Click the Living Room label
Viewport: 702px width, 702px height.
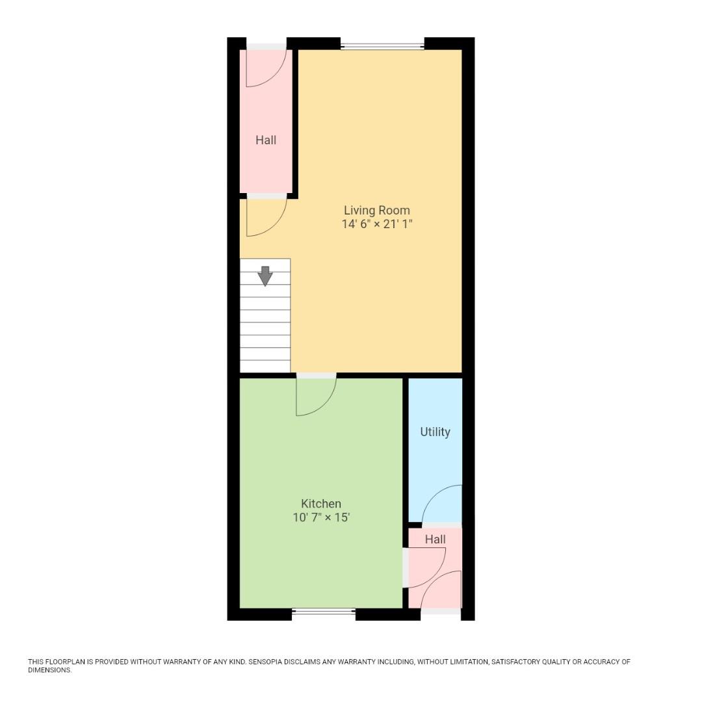coord(377,210)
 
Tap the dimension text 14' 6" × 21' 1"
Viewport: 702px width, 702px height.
coord(377,224)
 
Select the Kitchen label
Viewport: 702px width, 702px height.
coord(321,504)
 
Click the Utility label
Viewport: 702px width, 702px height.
coord(435,432)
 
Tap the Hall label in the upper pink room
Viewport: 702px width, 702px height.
coord(266,140)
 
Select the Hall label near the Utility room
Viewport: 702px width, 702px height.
coord(435,539)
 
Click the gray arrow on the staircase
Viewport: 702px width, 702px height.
coord(265,276)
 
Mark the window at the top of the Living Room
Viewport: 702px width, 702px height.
coord(382,45)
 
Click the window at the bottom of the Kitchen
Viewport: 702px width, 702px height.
coord(324,612)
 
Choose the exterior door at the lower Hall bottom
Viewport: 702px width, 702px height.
coord(442,591)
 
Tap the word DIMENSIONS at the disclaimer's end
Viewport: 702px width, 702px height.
coord(49,670)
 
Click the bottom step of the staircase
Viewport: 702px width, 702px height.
coord(265,366)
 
